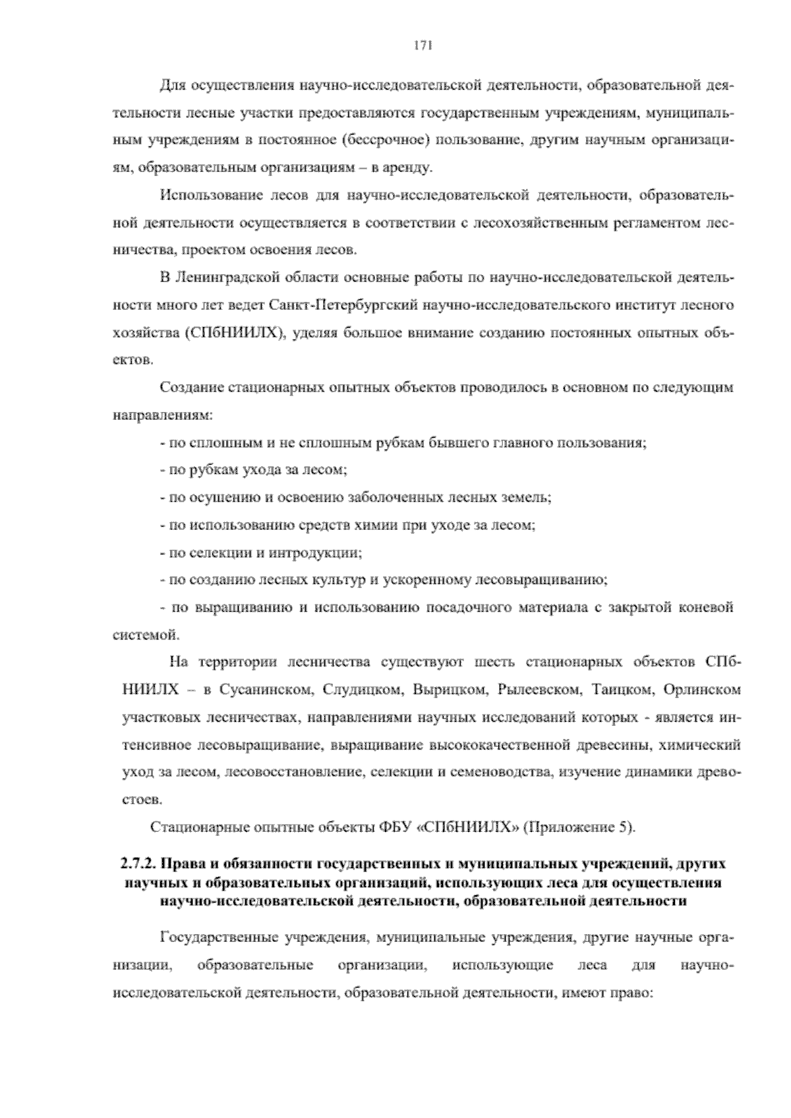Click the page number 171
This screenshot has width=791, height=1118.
pyautogui.click(x=422, y=45)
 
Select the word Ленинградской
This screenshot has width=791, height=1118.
pyautogui.click(x=218, y=278)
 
